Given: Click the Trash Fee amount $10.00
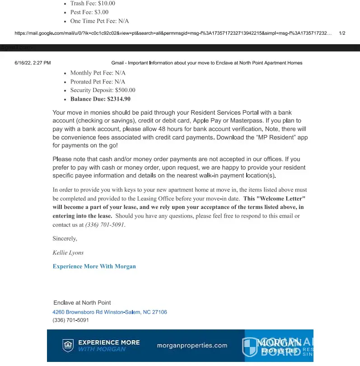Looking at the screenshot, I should tap(106, 4).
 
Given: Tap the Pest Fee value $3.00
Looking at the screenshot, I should tap(101, 12).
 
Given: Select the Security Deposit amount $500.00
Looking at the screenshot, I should tap(125, 90).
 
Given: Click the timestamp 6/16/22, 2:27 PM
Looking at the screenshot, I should tap(33, 63).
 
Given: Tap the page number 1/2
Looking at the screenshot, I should tap(342, 33).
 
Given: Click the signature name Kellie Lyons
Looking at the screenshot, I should tap(68, 253).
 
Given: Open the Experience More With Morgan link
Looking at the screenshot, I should tap(94, 266).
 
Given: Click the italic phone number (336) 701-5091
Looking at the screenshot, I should tap(105, 225).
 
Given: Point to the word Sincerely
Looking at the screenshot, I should tap(65, 238).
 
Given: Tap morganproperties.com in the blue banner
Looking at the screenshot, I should tap(192, 346).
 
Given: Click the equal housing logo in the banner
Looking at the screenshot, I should tap(68, 346).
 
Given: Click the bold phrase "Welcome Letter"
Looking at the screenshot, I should tap(275, 199).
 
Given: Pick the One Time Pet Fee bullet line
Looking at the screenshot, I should tap(99, 21).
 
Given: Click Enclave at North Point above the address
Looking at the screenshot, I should tap(82, 302).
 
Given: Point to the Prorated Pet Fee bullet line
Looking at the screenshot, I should tap(98, 82).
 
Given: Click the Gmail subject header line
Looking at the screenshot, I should tap(206, 63).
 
